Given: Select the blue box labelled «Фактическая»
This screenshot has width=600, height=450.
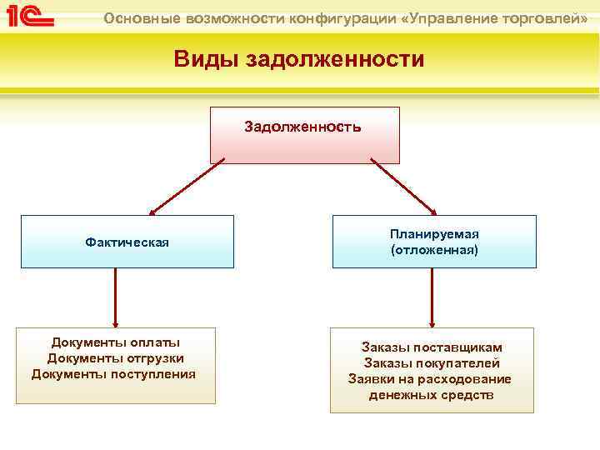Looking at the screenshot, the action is (127, 242).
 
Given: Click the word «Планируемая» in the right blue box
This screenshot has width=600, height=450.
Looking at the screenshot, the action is (434, 234).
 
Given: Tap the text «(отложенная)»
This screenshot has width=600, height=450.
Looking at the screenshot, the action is (434, 249).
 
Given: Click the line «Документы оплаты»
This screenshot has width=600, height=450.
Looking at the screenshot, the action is (116, 342).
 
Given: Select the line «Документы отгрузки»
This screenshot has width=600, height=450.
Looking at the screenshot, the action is (116, 358).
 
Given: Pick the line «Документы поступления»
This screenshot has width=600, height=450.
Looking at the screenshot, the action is (114, 373).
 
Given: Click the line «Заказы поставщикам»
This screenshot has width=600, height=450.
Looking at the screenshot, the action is (432, 347).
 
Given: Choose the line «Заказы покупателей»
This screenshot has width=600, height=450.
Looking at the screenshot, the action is (432, 363).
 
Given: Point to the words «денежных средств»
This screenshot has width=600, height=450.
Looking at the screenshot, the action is (432, 395).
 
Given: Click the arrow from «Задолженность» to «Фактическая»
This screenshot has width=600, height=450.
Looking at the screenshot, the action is (187, 187).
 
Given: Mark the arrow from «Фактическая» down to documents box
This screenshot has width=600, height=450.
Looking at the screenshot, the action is (115, 297).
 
